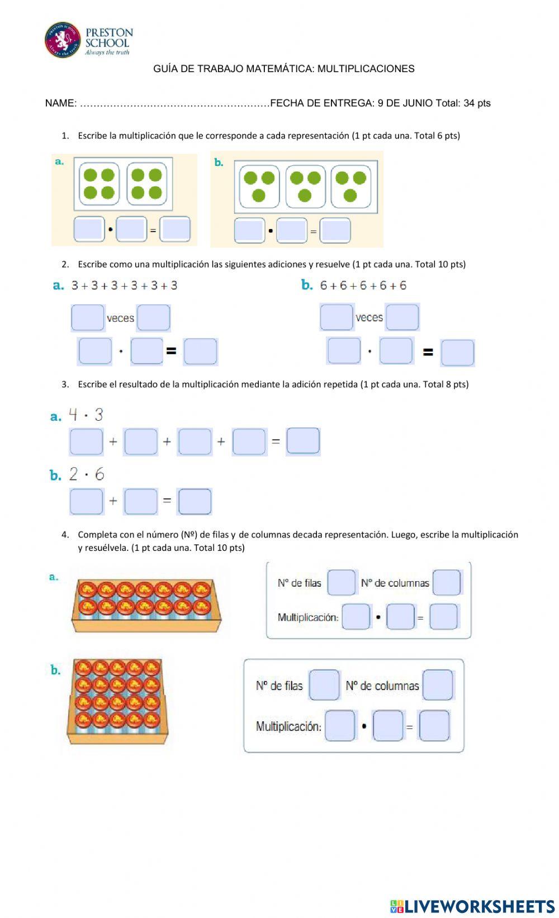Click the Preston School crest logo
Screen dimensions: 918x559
(x=63, y=40)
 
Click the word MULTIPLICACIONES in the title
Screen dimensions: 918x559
(x=366, y=69)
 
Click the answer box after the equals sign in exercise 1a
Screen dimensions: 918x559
(x=175, y=229)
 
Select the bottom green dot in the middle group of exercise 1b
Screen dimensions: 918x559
(x=305, y=196)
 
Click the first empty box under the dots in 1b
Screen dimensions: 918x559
(x=249, y=231)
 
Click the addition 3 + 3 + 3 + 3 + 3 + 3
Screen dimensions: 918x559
(x=124, y=286)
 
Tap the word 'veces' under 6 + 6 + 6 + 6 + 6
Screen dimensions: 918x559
(x=369, y=317)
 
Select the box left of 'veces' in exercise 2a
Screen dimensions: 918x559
(x=88, y=317)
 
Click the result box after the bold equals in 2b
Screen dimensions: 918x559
(x=457, y=353)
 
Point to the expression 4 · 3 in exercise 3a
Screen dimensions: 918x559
(x=86, y=415)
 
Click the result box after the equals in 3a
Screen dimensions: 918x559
(x=303, y=441)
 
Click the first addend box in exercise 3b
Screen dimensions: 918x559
(x=86, y=501)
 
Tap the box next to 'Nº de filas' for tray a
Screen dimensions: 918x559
(x=341, y=583)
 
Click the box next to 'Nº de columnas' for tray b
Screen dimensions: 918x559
(x=438, y=685)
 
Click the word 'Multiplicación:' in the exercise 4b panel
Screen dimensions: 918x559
(x=288, y=726)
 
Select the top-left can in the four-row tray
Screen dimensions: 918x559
(x=83, y=668)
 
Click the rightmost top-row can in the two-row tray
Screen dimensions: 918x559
(x=201, y=589)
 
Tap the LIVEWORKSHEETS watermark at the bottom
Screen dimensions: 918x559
(x=472, y=906)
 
